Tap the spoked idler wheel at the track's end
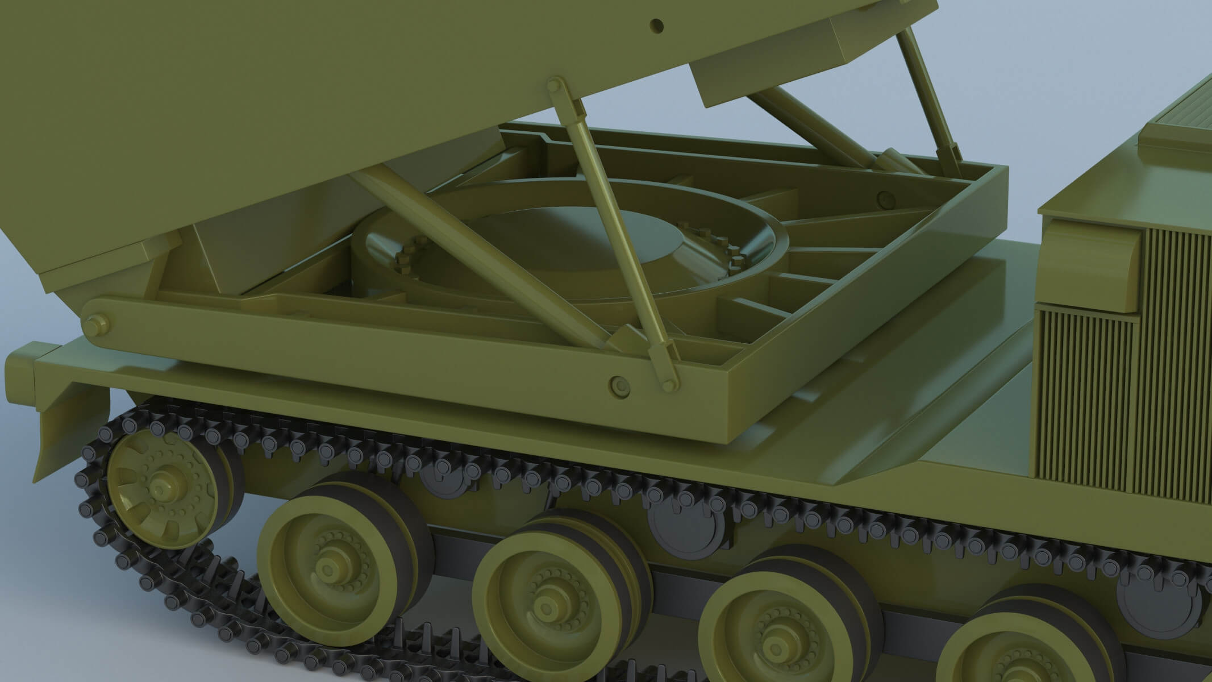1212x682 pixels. pyautogui.click(x=161, y=488)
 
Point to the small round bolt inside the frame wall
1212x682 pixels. pyautogui.click(x=884, y=199)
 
